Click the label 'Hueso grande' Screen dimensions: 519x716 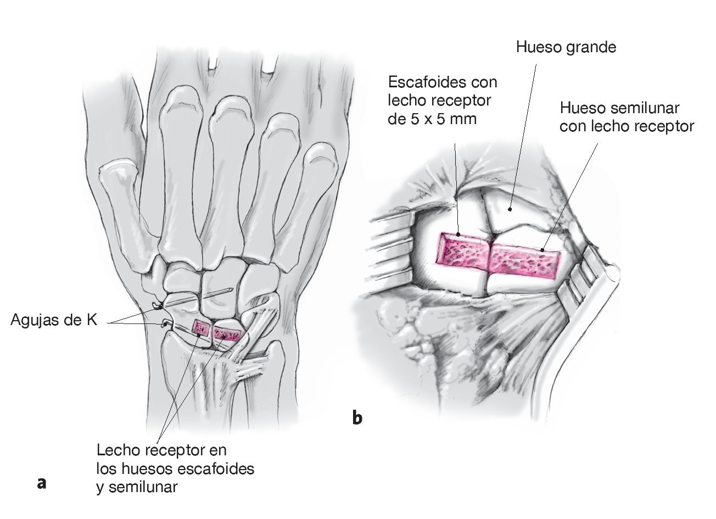click(x=566, y=47)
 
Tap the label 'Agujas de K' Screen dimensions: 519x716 click(x=54, y=320)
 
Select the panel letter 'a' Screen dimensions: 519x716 click(x=41, y=483)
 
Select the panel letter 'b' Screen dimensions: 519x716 click(x=357, y=418)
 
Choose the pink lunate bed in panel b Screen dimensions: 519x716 click(x=524, y=258)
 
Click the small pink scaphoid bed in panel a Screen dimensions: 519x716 click(x=200, y=328)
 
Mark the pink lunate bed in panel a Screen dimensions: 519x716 click(x=227, y=333)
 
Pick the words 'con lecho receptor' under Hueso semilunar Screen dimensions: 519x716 click(x=626, y=126)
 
